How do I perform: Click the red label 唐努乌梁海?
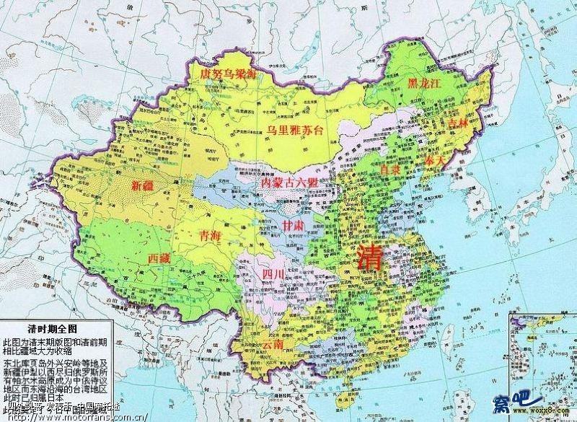[226, 75]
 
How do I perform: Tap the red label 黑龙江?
[423, 84]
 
